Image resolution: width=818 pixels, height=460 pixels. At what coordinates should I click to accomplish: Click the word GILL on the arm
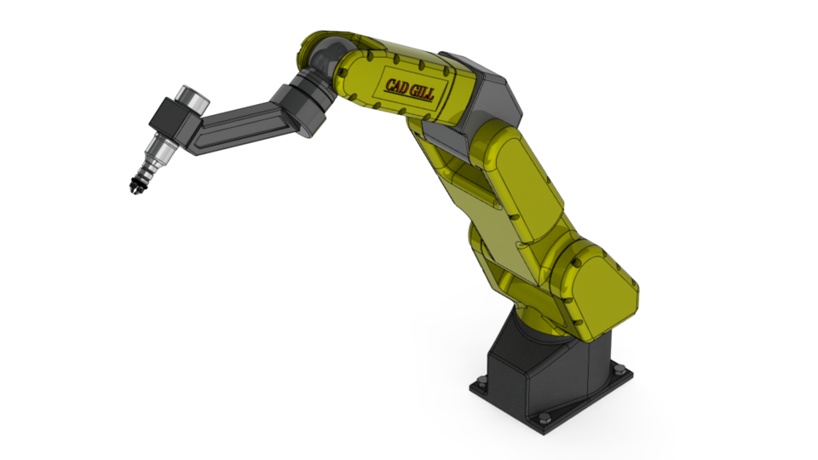point(420,91)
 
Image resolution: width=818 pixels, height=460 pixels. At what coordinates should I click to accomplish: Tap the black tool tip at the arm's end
point(135,184)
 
